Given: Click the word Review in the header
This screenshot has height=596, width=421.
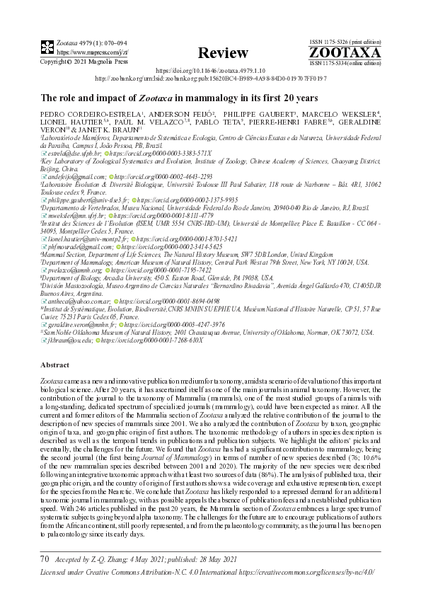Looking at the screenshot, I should tap(223, 53).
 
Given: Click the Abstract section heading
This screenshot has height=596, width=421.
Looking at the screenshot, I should tap(54, 364).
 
